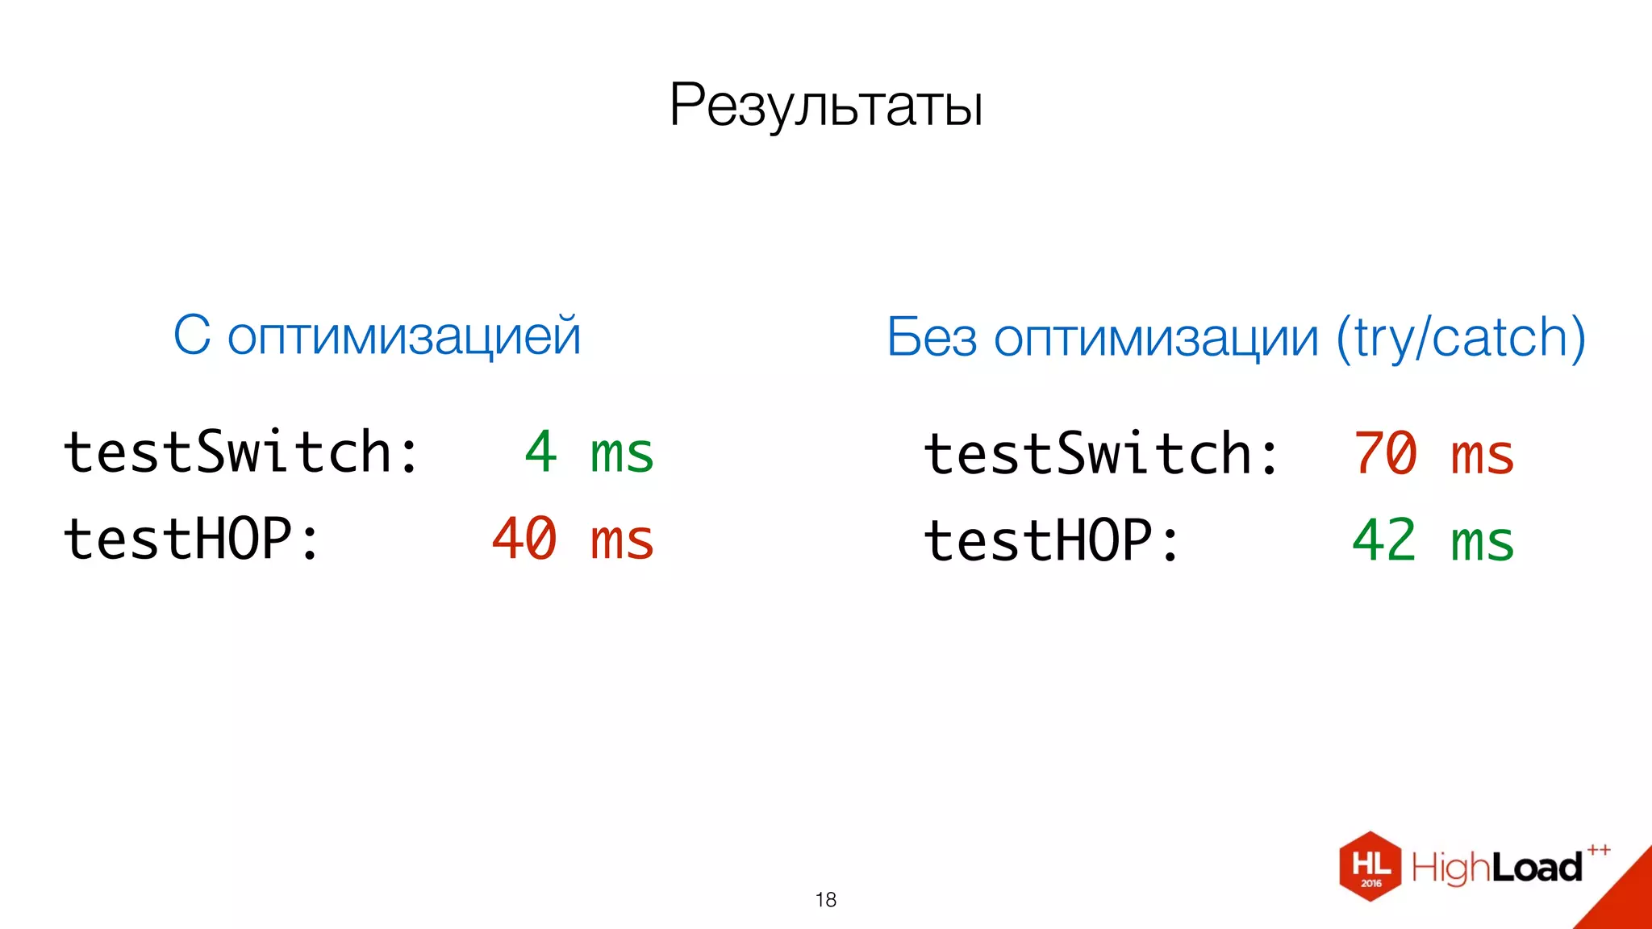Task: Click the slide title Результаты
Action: coord(826,106)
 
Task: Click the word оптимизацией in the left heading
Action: coord(404,336)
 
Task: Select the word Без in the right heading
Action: coord(932,337)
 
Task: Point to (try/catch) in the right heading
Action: coord(1461,337)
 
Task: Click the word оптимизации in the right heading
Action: coord(1156,338)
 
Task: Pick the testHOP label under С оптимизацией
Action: coord(192,539)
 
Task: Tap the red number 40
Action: coord(524,539)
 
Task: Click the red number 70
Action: coord(1385,453)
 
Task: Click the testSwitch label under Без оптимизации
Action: coord(1101,453)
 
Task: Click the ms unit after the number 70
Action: coord(1483,455)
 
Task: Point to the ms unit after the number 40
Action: coord(622,540)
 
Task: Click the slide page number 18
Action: coord(826,900)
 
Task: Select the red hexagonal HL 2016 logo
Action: coord(1370,867)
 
